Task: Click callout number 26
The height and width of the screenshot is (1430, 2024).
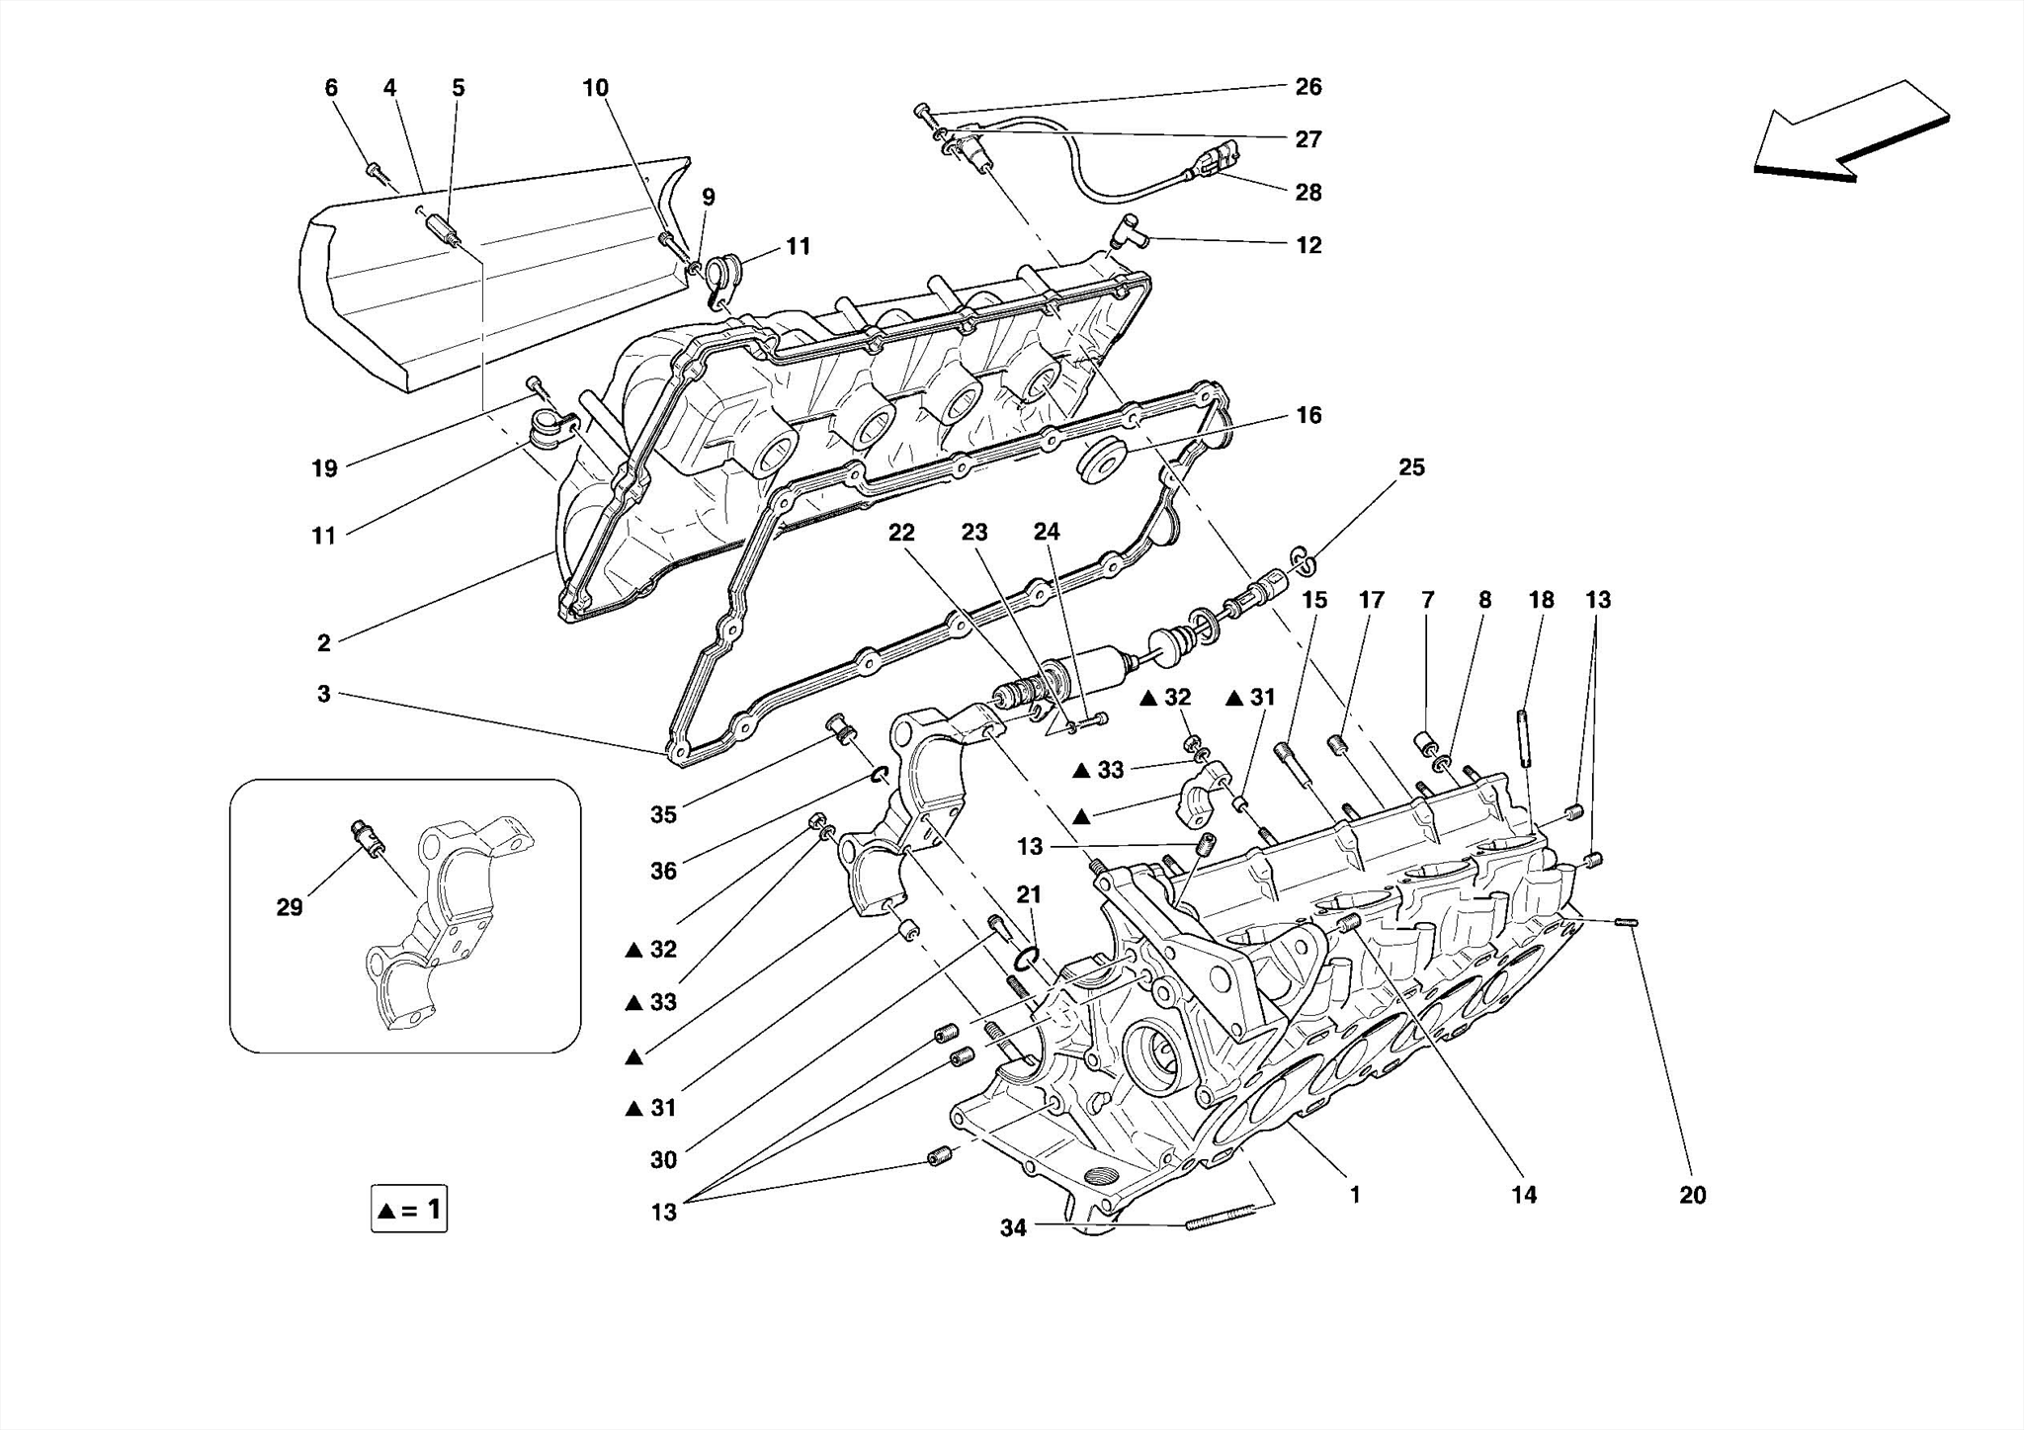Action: [x=1307, y=87]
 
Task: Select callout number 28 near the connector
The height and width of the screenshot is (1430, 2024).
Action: [x=1307, y=192]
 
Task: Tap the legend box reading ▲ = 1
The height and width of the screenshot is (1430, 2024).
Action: [x=409, y=1209]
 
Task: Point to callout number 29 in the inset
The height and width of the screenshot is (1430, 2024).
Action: [x=289, y=907]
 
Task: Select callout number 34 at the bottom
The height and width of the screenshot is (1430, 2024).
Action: [x=1013, y=1227]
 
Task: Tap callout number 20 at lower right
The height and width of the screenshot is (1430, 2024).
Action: [x=1692, y=1195]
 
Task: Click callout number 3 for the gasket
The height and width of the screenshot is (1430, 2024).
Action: [x=323, y=694]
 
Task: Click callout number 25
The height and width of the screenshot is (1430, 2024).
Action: [x=1411, y=467]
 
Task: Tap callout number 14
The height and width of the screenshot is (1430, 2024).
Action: [x=1523, y=1195]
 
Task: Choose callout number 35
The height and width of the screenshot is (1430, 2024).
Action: [x=663, y=814]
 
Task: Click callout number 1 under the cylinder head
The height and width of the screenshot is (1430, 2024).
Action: [x=1355, y=1195]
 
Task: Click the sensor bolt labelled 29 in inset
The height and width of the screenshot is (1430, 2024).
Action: [x=367, y=840]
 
